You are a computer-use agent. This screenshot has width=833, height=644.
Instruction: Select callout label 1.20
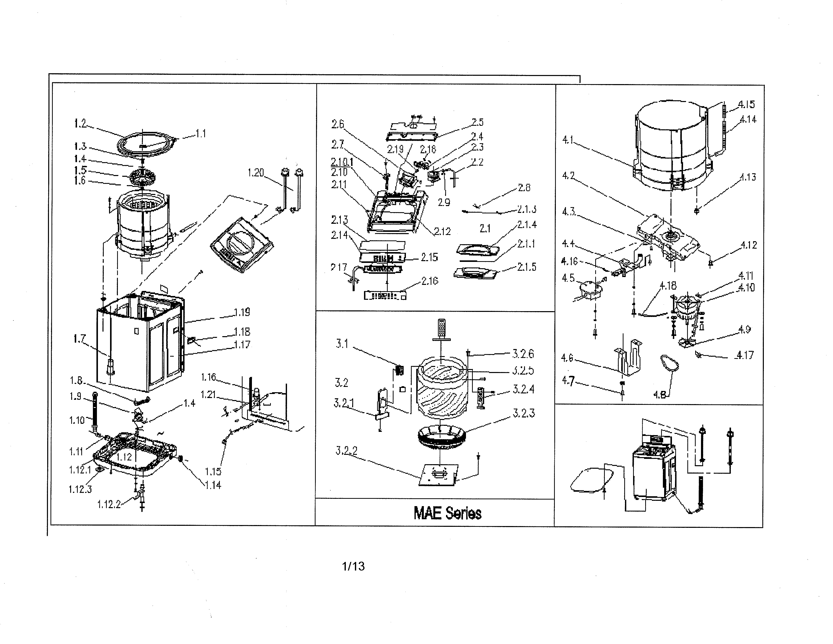pos(255,173)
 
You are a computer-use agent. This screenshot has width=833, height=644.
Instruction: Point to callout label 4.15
pos(746,104)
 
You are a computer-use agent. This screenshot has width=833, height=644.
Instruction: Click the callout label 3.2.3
pos(524,413)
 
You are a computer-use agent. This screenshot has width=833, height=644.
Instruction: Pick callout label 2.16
pos(430,281)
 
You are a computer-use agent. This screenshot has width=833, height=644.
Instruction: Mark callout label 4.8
pos(659,394)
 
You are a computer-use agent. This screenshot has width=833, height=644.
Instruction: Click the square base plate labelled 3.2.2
pos(439,475)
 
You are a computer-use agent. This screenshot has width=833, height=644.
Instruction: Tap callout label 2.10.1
pos(342,162)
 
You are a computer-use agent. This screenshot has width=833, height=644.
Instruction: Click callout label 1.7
pos(79,339)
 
